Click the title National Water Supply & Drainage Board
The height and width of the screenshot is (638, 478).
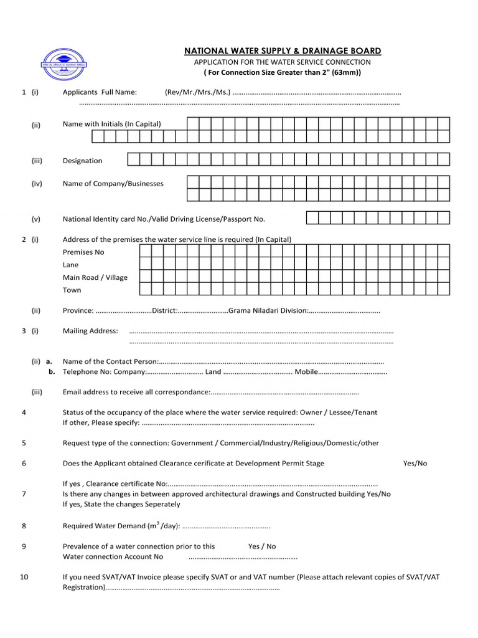click(x=282, y=50)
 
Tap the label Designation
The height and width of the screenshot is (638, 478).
click(x=82, y=161)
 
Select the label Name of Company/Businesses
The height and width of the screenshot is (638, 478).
click(x=113, y=184)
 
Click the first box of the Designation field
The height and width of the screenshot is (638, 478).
click(x=133, y=159)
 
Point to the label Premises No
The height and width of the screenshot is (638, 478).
click(x=83, y=252)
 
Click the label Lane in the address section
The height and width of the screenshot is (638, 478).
click(x=70, y=265)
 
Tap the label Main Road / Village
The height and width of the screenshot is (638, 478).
click(x=95, y=277)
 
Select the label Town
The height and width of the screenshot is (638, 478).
click(x=72, y=290)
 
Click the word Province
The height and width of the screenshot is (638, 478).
click(x=78, y=311)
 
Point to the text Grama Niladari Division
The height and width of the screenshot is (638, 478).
click(x=267, y=311)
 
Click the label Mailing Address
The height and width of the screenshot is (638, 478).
click(x=90, y=331)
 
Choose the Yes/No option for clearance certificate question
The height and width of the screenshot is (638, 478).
click(x=415, y=464)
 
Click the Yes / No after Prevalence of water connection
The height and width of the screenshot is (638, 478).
click(x=262, y=546)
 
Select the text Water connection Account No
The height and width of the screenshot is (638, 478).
click(x=113, y=557)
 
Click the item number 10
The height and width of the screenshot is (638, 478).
click(x=24, y=577)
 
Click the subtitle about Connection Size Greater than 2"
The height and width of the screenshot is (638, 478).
click(x=282, y=73)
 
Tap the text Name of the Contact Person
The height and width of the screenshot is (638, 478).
click(x=110, y=361)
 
